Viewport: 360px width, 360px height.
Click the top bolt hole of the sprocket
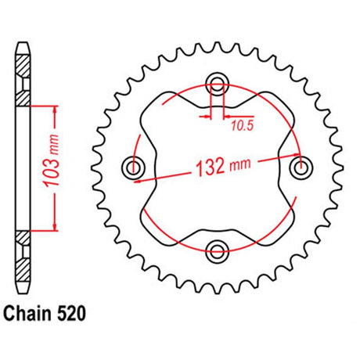point(217,83)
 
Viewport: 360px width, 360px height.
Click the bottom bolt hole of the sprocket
point(217,251)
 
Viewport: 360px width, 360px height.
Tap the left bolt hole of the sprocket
point(133,167)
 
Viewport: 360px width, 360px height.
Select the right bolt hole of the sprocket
point(301,167)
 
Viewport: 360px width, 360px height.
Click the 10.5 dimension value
point(243,126)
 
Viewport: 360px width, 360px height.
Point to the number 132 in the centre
point(211,167)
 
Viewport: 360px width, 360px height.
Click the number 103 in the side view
point(52,171)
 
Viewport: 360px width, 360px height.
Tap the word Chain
point(27,313)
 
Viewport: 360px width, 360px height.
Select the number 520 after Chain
point(71,313)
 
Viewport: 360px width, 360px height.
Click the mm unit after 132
point(240,164)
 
